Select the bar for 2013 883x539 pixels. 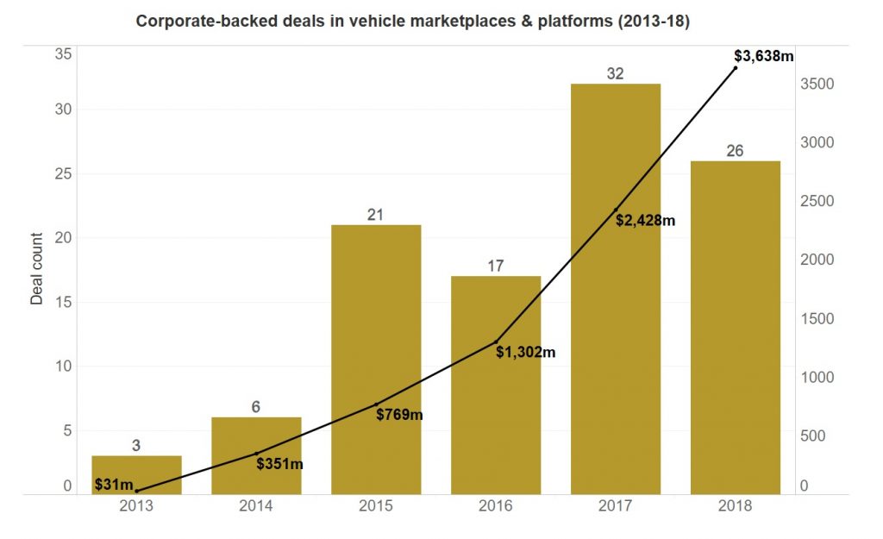(136, 474)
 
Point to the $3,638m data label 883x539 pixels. (763, 56)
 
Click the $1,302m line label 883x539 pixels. (525, 352)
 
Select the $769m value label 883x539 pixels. (399, 415)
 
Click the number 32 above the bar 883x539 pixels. (615, 74)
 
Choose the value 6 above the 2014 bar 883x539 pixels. (256, 407)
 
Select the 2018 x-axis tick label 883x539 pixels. (735, 506)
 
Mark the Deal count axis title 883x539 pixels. (36, 269)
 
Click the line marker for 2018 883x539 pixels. (736, 67)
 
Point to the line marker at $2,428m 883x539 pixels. (616, 210)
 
